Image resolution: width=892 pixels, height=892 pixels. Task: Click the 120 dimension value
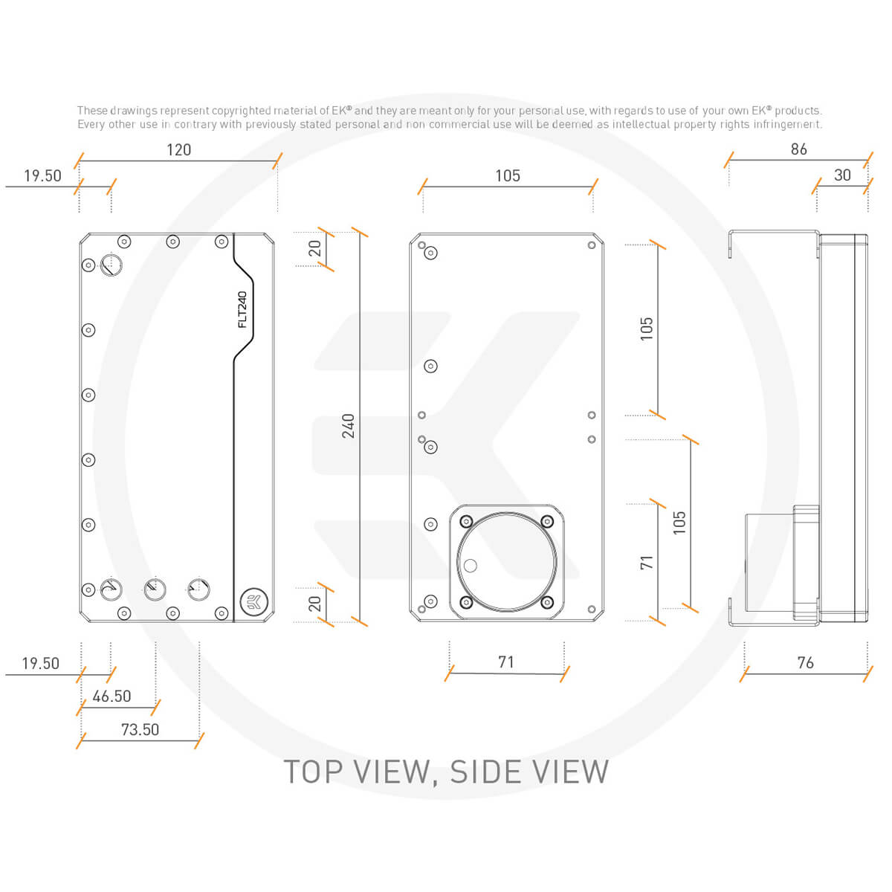coord(178,150)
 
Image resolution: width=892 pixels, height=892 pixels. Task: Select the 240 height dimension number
coord(349,425)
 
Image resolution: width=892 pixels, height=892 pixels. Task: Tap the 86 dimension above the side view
coord(799,149)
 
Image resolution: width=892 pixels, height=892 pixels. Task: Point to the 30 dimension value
coord(842,175)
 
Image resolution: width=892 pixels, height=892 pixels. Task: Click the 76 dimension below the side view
coord(805,662)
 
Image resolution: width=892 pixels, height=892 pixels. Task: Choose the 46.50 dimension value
coord(111,697)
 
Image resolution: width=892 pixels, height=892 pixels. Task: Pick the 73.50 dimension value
coord(140,730)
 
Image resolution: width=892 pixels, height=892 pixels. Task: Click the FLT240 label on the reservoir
coord(242,309)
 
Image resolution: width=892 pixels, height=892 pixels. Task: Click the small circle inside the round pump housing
coord(470,566)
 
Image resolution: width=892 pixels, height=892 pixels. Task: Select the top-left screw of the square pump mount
coord(466,521)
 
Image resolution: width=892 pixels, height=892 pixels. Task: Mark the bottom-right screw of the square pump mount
coord(547,602)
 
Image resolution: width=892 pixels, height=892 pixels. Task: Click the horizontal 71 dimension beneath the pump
coord(506,662)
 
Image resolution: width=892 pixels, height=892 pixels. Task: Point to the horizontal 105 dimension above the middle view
coord(508,176)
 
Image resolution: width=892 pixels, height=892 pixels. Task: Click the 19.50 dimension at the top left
coord(42,176)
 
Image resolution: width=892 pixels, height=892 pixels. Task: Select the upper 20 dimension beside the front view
coord(315,248)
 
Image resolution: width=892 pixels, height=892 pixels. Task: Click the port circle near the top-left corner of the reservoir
coord(111,265)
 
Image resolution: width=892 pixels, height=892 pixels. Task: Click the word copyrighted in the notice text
coord(241,111)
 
